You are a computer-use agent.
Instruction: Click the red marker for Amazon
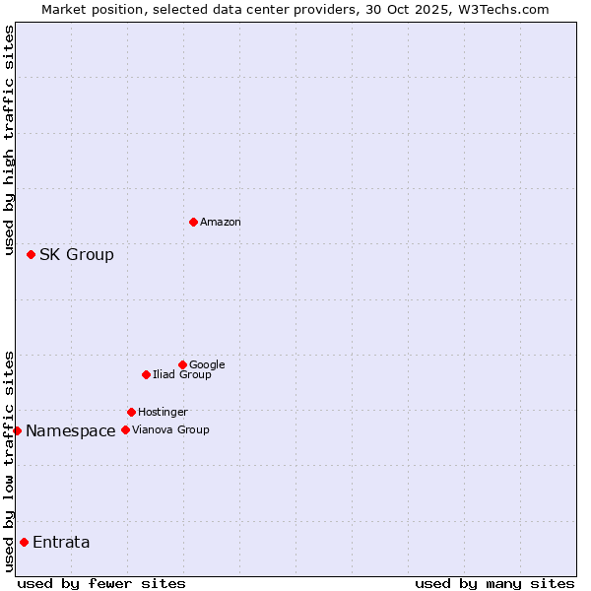[193, 222]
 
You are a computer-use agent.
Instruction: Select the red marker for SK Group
[31, 254]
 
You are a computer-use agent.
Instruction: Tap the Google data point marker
[182, 364]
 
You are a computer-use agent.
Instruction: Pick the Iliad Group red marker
[146, 374]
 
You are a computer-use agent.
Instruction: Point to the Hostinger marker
[131, 412]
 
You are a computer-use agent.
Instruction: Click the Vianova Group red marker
[125, 429]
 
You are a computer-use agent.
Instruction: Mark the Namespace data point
[17, 430]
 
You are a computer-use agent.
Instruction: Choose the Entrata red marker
[24, 542]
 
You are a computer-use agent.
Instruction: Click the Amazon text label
[221, 223]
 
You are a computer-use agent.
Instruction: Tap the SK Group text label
[77, 255]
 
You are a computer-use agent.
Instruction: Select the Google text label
[207, 365]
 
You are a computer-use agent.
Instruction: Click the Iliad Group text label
[182, 375]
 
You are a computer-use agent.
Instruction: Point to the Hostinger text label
[163, 413]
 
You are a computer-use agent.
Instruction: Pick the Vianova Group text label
[170, 430]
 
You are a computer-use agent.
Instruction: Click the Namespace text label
[71, 431]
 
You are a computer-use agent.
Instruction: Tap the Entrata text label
[61, 543]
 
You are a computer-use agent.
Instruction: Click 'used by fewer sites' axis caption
[101, 583]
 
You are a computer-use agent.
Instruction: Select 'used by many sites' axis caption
[494, 583]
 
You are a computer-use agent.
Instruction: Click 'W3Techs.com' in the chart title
[508, 9]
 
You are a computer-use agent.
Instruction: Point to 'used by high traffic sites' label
[9, 141]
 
